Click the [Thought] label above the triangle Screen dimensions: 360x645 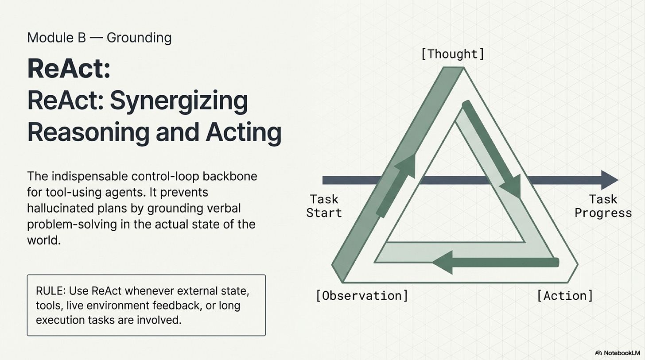pyautogui.click(x=452, y=54)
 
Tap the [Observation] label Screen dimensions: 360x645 pyautogui.click(x=362, y=295)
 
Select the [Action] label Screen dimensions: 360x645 pyautogui.click(x=564, y=295)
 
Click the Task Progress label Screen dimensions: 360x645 pyautogui.click(x=603, y=205)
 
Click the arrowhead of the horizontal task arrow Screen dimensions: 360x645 pyautogui.click(x=609, y=180)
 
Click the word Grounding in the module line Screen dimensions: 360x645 pyautogui.click(x=139, y=38)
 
